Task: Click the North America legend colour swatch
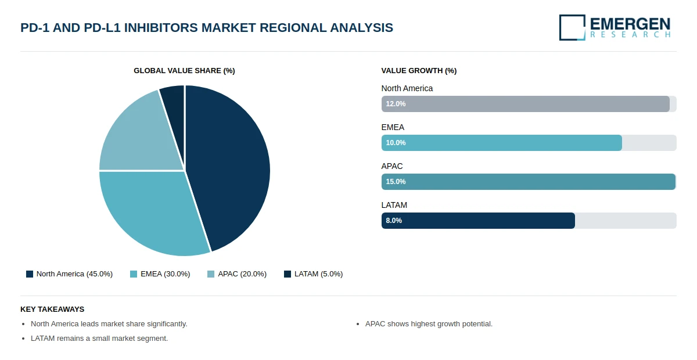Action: click(30, 274)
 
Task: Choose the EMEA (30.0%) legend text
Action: click(165, 274)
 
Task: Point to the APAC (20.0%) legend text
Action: click(242, 274)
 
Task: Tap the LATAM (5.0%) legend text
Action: click(319, 274)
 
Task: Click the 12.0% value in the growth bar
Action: click(396, 104)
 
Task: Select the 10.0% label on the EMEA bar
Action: click(396, 143)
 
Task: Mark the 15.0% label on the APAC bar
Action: click(396, 182)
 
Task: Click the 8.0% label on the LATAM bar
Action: click(394, 221)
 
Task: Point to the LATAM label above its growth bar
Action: click(394, 206)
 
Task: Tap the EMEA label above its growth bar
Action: click(393, 128)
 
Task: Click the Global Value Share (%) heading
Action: click(184, 71)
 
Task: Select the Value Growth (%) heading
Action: click(419, 71)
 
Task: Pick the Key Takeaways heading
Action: click(52, 309)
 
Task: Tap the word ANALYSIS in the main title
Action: click(361, 28)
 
